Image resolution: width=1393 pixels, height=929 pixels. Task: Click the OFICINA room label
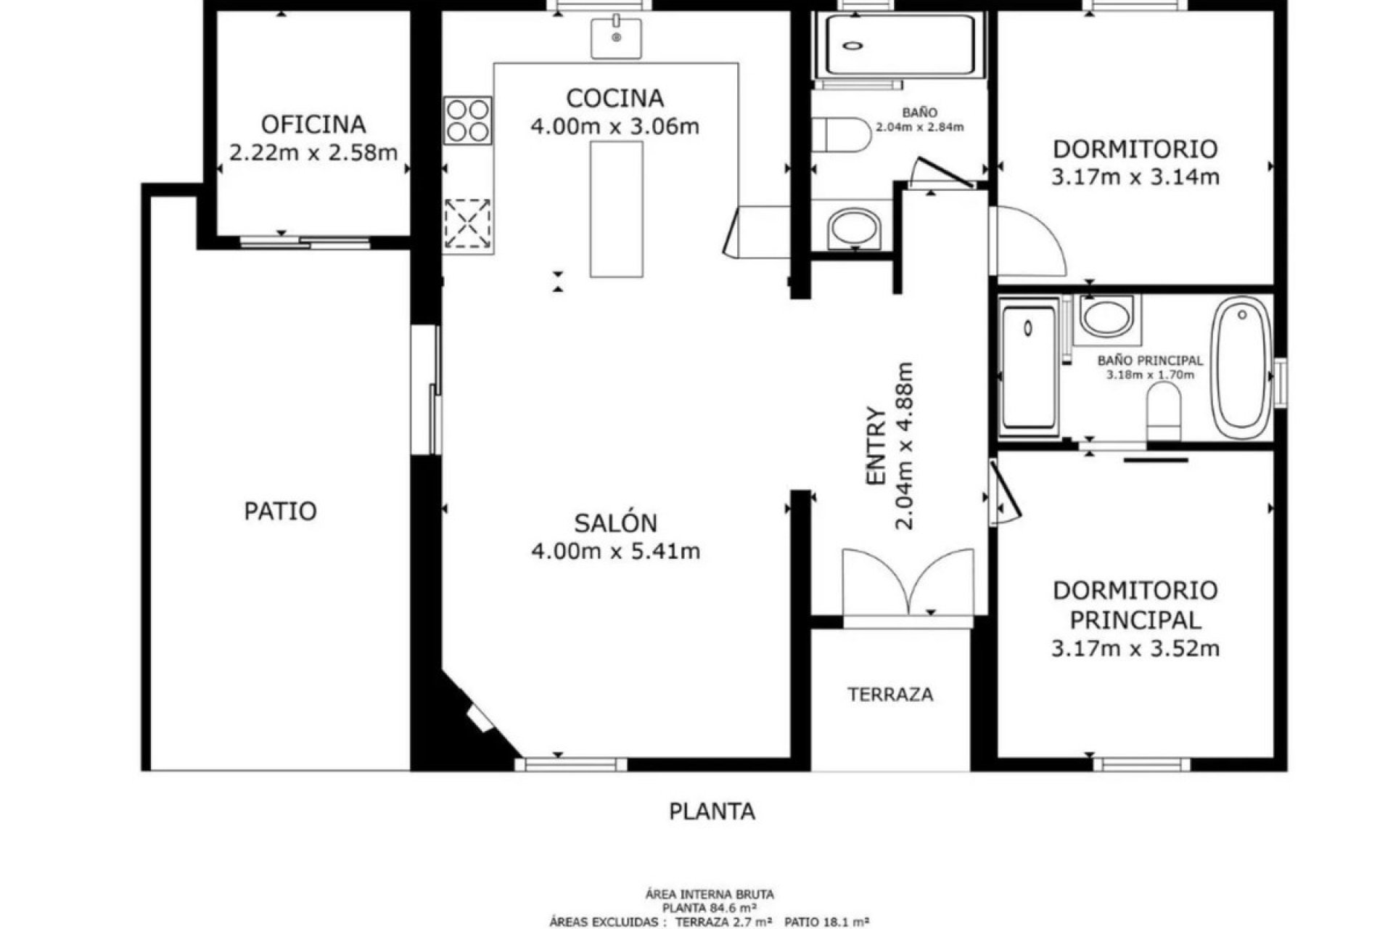click(x=313, y=124)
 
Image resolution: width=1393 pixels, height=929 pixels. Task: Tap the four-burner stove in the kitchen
click(x=467, y=120)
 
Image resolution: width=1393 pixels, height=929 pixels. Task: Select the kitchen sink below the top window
click(x=616, y=38)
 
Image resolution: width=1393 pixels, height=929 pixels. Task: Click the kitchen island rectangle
click(x=616, y=209)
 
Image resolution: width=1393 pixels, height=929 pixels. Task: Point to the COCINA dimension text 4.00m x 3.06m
click(x=615, y=127)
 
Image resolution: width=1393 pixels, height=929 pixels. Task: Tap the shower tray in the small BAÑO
click(x=900, y=44)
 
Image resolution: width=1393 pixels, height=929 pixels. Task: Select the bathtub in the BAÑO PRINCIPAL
click(x=1241, y=367)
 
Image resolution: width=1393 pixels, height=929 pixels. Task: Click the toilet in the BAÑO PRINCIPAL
click(x=1164, y=412)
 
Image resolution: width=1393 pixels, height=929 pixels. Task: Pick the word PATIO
click(x=280, y=512)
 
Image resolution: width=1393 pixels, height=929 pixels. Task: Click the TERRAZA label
click(x=890, y=695)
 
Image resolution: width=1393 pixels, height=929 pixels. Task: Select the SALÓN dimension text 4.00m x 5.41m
click(x=615, y=552)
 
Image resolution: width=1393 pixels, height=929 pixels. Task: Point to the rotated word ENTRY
click(x=876, y=446)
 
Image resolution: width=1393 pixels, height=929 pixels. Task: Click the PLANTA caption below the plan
click(x=712, y=811)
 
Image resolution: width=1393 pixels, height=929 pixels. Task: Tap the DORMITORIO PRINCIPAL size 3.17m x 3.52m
click(x=1135, y=648)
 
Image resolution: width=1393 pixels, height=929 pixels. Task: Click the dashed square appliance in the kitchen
click(x=467, y=223)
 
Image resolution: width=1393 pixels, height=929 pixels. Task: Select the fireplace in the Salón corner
click(x=480, y=718)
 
